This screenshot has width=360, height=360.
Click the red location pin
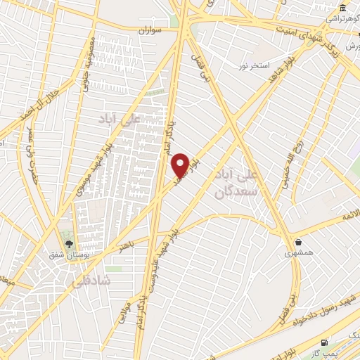(181, 165)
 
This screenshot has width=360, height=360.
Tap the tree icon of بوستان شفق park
(68, 244)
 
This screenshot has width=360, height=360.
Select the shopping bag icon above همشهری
(299, 241)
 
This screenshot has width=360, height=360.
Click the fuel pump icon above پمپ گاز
(323, 342)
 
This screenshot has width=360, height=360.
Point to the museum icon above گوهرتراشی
(342, 8)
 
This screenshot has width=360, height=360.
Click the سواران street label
(150, 31)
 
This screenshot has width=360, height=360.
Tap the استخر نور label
(254, 65)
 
